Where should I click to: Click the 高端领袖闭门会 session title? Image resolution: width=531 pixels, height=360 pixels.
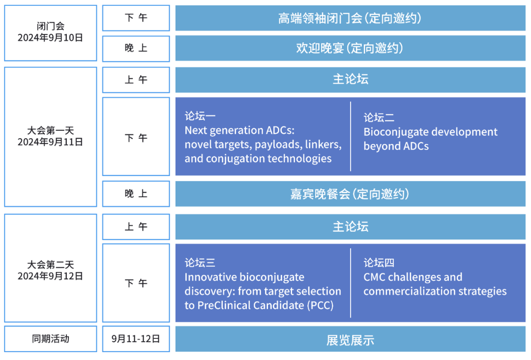(x=320, y=19)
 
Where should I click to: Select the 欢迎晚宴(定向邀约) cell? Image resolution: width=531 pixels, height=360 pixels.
(x=350, y=48)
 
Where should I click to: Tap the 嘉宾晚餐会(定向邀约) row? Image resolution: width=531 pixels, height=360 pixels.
(x=350, y=194)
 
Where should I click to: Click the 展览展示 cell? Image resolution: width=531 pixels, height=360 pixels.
(x=350, y=340)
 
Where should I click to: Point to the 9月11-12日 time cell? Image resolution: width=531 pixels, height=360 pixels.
(x=136, y=339)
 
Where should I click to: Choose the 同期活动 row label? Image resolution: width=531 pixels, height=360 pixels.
(x=50, y=339)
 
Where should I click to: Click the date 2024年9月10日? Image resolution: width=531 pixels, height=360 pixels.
(x=50, y=37)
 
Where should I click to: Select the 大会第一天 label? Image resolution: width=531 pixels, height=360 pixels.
(x=50, y=131)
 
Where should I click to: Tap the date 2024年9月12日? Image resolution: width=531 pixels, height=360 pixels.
(x=50, y=276)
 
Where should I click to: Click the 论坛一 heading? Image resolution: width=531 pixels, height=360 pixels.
(x=200, y=116)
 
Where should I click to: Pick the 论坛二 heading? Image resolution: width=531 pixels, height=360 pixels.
(x=379, y=118)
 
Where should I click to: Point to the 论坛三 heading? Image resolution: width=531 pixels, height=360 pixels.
(x=200, y=263)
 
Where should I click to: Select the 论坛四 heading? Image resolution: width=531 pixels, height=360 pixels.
(x=379, y=263)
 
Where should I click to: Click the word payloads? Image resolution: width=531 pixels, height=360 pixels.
(x=278, y=145)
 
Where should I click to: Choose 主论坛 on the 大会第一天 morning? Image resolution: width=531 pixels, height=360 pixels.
(x=350, y=80)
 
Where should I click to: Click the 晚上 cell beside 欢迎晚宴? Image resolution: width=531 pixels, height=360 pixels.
(x=136, y=48)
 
